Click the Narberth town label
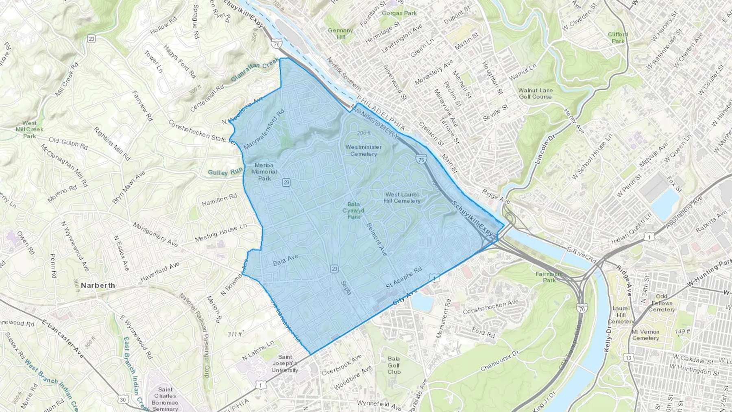click(98, 286)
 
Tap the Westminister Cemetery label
click(364, 150)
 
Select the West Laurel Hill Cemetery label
click(402, 198)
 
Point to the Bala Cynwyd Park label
click(353, 211)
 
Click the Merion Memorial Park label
click(264, 172)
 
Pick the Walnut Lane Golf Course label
click(535, 94)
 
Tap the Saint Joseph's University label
click(285, 364)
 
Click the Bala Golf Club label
click(394, 365)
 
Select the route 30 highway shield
click(123, 399)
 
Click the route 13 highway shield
click(629, 358)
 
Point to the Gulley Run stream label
click(225, 172)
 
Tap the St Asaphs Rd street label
click(404, 278)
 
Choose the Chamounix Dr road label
click(499, 361)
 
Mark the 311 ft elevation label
click(235, 334)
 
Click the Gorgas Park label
click(399, 13)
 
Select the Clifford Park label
click(618, 37)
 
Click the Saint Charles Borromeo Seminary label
click(165, 399)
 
